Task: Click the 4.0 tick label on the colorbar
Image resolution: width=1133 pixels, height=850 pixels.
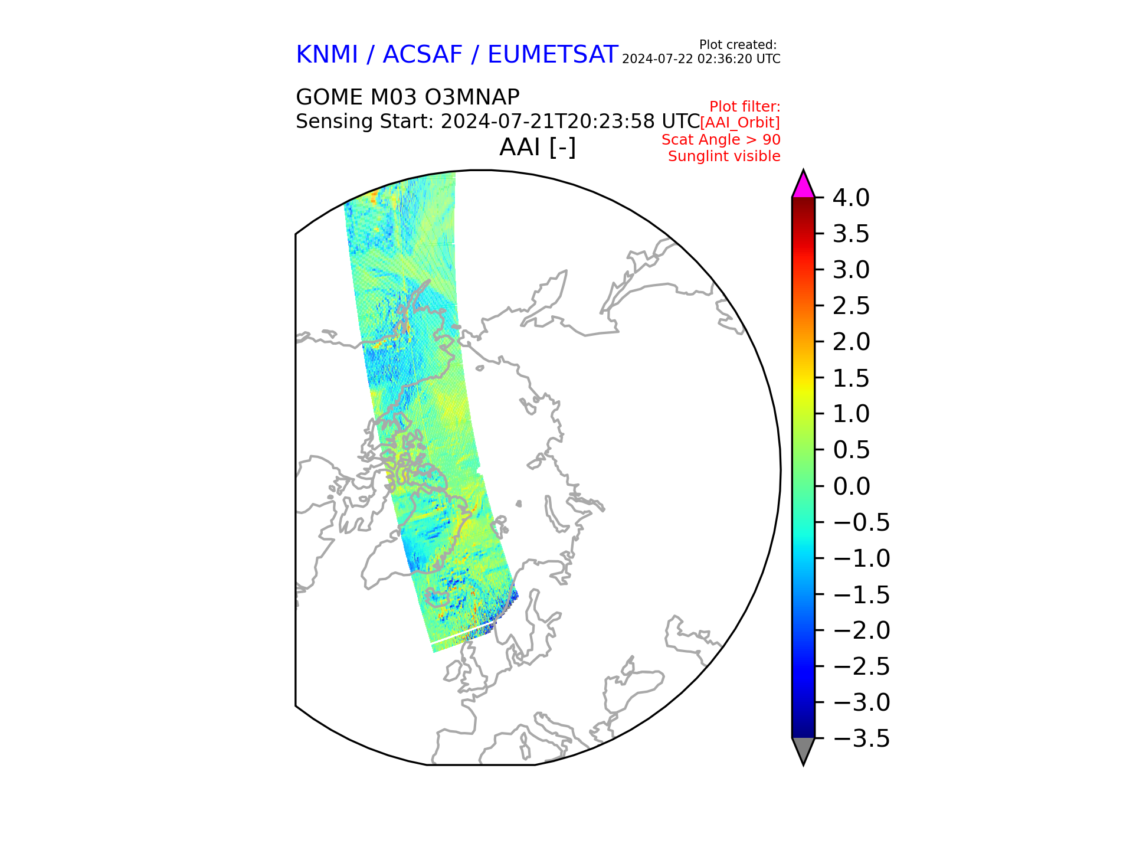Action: coord(850,198)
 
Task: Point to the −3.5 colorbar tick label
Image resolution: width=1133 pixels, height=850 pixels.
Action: coord(861,739)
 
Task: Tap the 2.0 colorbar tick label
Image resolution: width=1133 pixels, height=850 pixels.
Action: coord(851,342)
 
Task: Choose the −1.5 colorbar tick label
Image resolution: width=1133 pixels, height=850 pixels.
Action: coord(861,595)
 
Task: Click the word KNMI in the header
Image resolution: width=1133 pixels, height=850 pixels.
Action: coord(327,55)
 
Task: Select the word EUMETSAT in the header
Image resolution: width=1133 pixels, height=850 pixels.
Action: coord(552,55)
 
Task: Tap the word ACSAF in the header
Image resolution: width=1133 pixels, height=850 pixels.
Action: coord(423,55)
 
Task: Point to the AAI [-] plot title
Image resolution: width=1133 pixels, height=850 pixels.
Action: coord(538,147)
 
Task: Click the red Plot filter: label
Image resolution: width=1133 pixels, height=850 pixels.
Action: coord(745,107)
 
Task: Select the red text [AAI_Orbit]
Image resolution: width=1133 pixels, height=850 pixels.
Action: coord(740,123)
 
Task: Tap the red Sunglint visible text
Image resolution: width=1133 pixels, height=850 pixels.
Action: coord(724,156)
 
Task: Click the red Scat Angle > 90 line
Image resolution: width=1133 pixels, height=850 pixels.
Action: coord(721,140)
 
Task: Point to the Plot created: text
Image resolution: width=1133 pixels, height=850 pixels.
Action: coord(738,45)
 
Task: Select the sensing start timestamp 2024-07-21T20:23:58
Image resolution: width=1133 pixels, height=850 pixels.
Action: coord(548,122)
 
